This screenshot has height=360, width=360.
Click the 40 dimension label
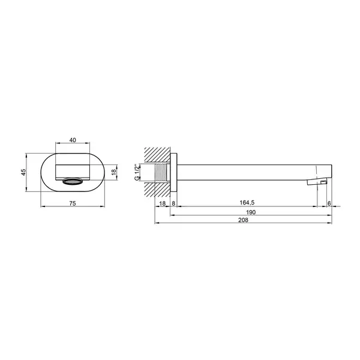(73, 140)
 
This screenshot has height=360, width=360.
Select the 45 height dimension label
(23, 172)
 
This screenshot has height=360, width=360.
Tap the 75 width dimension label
(73, 203)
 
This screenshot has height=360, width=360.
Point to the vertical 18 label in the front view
(114, 172)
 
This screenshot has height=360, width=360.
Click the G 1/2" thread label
(137, 172)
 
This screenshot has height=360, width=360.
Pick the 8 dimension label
(173, 203)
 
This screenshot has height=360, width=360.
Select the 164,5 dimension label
(247, 203)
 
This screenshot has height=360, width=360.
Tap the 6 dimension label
(329, 203)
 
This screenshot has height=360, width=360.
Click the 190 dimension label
(251, 212)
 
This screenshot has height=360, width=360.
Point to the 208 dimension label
(243, 220)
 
